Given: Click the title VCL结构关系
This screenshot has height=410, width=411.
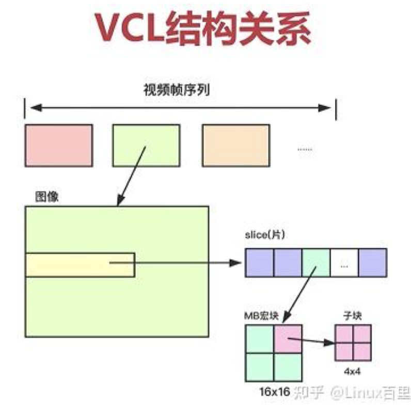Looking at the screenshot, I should tap(205, 30).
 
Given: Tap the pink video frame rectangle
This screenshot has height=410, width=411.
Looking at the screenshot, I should tap(58, 145).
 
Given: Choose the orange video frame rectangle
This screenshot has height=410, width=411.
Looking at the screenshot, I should tap(235, 145).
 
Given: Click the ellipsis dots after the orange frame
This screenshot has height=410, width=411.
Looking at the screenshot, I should tap(305, 149).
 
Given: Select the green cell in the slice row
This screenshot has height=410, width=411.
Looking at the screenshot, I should tap(315, 262).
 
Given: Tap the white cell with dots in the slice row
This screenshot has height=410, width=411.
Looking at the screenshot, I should tap(344, 262).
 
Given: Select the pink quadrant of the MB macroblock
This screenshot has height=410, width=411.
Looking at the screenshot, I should tap(288, 338).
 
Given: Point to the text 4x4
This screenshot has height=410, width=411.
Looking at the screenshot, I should tap(352, 371).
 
